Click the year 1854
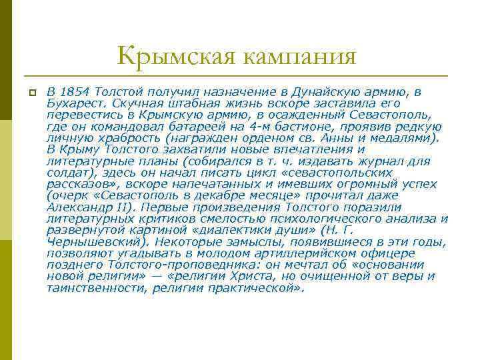click(x=76, y=91)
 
